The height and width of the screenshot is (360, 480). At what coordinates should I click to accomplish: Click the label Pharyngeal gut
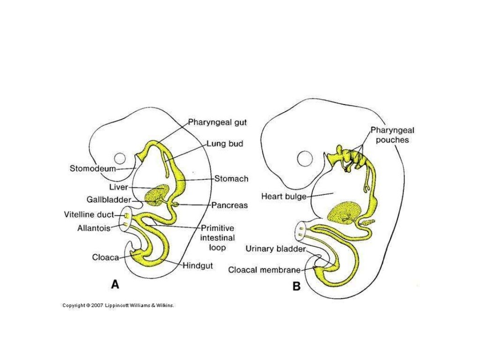pos(217,123)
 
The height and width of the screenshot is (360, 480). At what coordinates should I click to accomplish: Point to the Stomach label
pos(232,179)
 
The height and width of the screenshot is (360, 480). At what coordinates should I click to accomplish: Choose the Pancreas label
pos(229,205)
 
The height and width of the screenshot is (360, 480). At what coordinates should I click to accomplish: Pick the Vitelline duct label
pos(88,215)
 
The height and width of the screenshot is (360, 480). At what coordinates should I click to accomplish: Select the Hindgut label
pos(197,265)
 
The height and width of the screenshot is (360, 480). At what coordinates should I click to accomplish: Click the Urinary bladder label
pos(276,249)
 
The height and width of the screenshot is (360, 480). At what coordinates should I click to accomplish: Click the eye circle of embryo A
pos(120,158)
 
